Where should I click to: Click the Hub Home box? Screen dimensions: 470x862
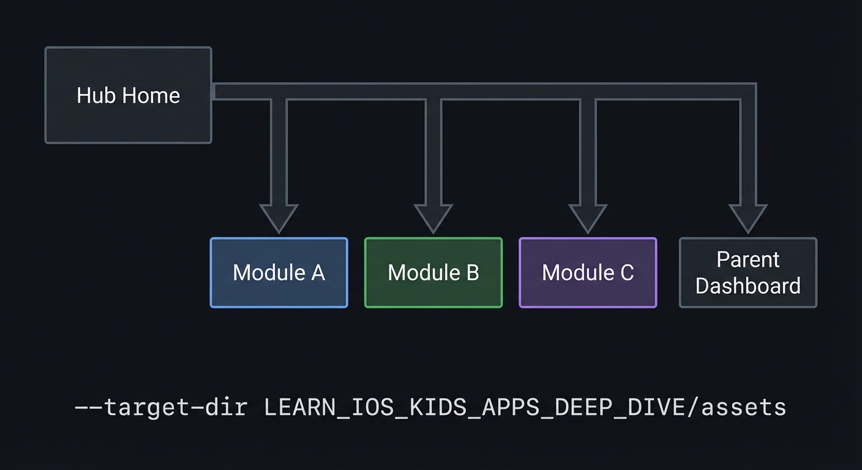pyautogui.click(x=128, y=95)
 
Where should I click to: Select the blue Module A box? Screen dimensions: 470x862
pyautogui.click(x=279, y=272)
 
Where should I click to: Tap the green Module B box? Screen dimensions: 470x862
pyautogui.click(x=433, y=272)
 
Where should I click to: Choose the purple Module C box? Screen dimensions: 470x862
pyautogui.click(x=588, y=272)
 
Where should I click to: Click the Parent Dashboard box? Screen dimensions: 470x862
pyautogui.click(x=748, y=272)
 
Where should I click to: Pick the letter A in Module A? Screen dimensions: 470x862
pyautogui.click(x=317, y=272)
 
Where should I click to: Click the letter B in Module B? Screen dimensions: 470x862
pyautogui.click(x=472, y=272)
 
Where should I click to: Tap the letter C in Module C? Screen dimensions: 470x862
pyautogui.click(x=626, y=272)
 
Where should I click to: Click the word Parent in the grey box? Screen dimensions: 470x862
pyautogui.click(x=748, y=259)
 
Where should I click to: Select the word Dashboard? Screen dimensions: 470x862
pyautogui.click(x=748, y=286)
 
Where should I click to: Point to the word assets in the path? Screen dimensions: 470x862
pyautogui.click(x=743, y=407)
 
